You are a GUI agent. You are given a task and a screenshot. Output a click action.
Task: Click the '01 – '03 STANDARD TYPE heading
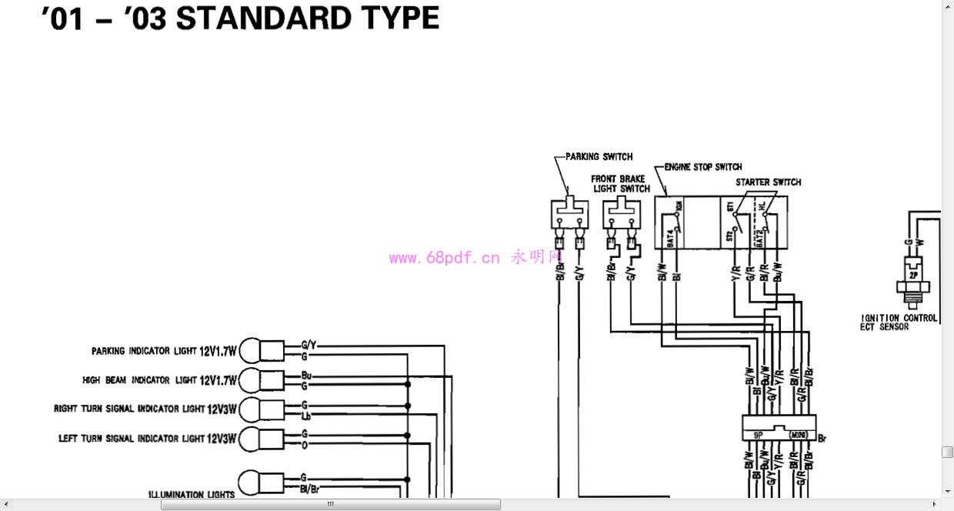coord(240,18)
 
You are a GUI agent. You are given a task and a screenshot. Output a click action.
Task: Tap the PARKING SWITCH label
coord(599,156)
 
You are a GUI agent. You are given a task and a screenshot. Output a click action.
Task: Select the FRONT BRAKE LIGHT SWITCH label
coord(620,184)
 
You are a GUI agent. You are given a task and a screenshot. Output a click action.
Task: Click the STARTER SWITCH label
coord(768,182)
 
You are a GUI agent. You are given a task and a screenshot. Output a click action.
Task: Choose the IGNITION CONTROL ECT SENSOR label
coord(898,322)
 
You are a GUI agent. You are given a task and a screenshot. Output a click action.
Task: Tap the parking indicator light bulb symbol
coord(249,351)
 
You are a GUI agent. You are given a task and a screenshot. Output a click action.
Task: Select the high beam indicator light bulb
coord(249,380)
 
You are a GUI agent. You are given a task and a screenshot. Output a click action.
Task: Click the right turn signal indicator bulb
coord(249,409)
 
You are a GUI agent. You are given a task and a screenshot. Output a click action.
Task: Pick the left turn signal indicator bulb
coord(249,439)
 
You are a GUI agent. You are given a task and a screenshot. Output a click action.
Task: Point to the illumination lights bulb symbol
coord(249,483)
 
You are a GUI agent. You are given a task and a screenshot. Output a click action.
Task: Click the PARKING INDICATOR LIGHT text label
coord(141,351)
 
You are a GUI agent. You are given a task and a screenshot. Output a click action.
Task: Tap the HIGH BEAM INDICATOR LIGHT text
coord(139,380)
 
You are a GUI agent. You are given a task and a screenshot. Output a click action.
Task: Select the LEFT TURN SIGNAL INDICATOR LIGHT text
coord(132,439)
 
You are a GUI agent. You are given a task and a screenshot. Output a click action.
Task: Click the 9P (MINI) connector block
coord(779,427)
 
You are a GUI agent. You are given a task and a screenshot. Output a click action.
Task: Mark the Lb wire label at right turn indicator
coord(305,416)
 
